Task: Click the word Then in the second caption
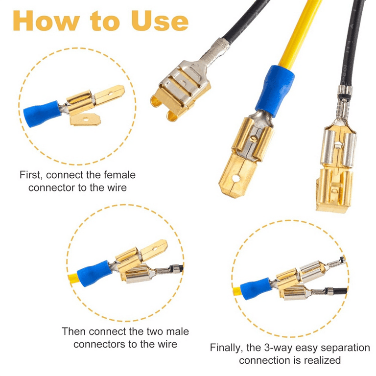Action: [x=73, y=331]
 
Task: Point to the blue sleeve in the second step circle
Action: [x=94, y=271]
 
